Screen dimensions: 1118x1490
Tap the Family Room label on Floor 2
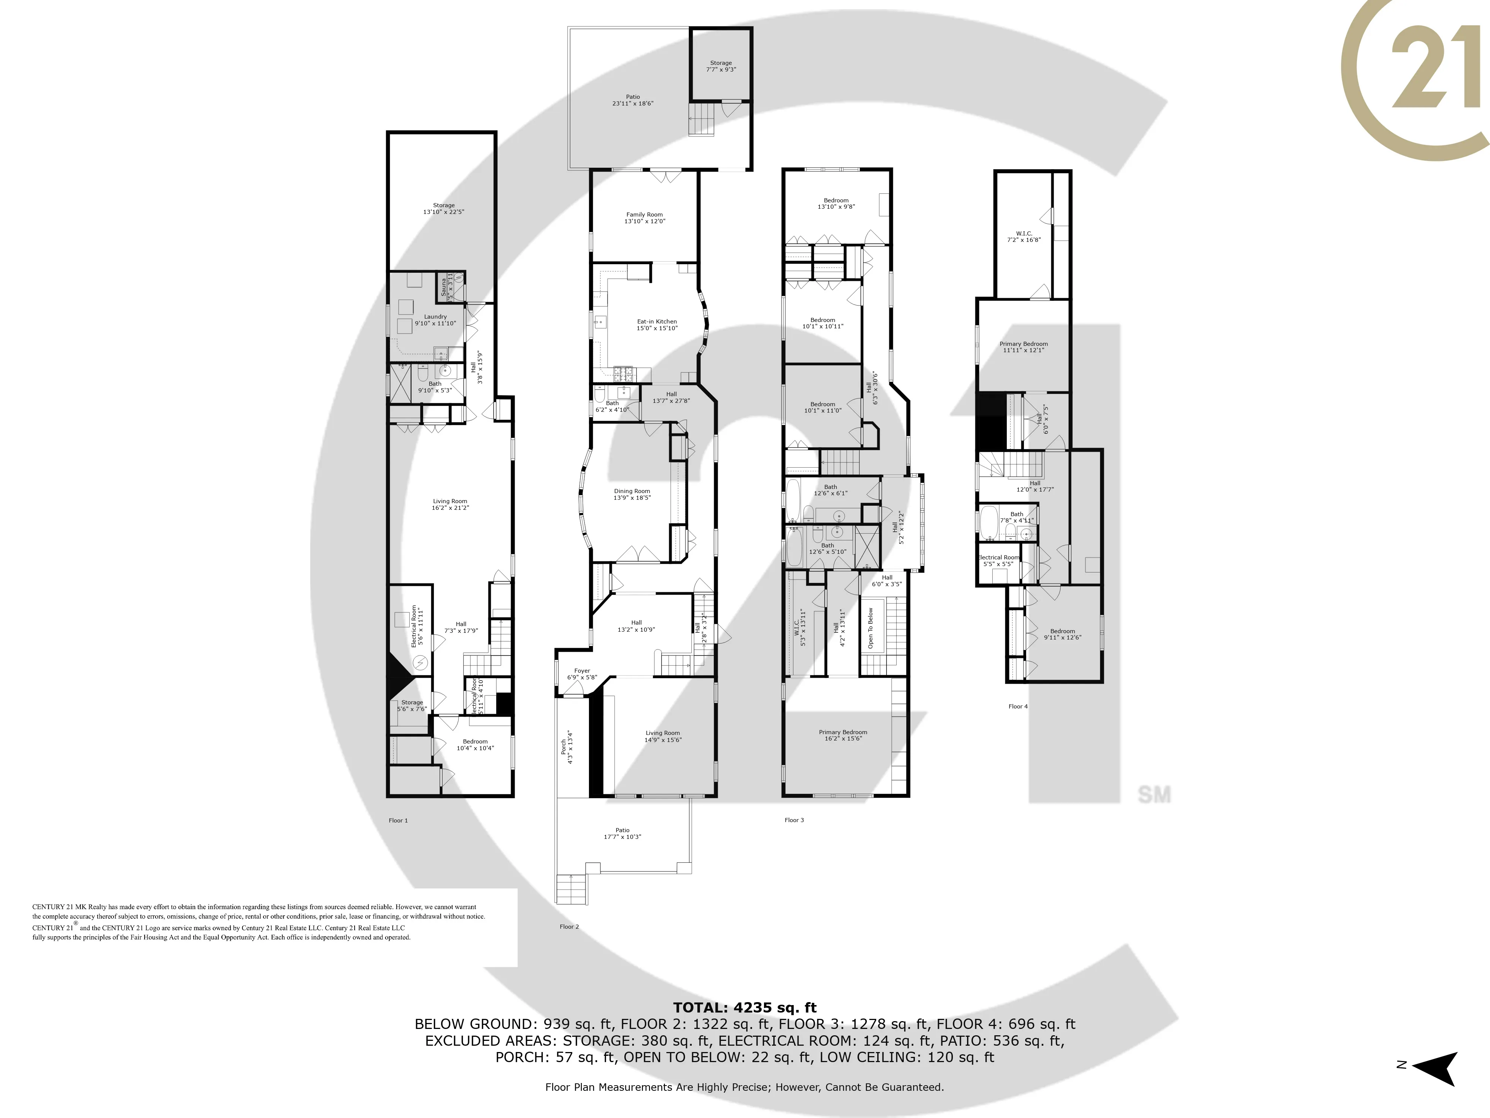(645, 218)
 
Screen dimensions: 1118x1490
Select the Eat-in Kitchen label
(657, 325)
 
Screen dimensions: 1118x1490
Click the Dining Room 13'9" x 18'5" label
(632, 495)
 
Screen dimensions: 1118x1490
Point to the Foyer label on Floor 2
(582, 674)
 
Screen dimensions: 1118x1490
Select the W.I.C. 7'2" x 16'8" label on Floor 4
(1024, 237)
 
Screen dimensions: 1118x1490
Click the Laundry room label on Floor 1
(435, 320)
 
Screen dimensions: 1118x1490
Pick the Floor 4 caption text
(1018, 706)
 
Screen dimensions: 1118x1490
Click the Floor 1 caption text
(398, 820)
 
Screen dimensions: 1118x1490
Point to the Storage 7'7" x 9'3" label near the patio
(721, 66)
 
